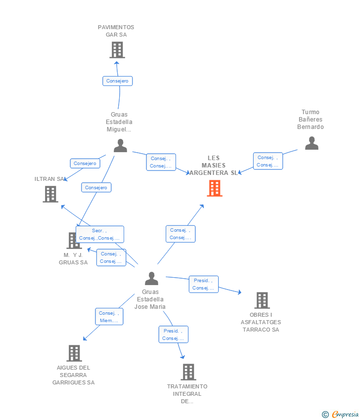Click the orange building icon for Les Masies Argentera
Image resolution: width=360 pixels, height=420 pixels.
(215, 188)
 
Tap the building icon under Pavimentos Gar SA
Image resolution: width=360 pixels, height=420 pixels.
(117, 50)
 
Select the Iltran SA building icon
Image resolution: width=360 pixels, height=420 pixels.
(50, 194)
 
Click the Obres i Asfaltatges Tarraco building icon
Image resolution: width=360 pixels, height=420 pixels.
(262, 300)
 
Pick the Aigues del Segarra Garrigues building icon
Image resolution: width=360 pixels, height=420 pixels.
(74, 353)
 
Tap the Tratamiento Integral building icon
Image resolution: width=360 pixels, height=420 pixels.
(188, 372)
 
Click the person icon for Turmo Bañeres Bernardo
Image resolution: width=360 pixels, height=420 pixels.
(312, 143)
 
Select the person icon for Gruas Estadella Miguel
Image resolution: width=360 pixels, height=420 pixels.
(120, 145)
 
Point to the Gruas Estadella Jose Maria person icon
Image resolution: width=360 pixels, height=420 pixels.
(151, 278)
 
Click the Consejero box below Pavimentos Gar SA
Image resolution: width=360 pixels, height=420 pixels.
(117, 81)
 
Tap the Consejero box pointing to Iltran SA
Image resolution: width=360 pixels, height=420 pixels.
(85, 164)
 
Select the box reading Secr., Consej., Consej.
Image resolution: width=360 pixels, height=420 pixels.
(100, 234)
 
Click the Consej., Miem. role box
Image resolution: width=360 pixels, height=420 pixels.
(109, 317)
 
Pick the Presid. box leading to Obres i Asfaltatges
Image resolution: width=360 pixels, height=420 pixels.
(203, 284)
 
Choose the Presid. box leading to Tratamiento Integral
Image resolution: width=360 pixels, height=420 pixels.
(174, 335)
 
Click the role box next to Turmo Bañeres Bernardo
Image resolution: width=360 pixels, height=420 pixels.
(268, 161)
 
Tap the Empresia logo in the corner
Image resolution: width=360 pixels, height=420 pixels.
(340, 415)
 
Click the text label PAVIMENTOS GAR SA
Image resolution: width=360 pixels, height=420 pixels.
(116, 31)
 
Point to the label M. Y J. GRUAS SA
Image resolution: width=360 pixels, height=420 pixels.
(73, 259)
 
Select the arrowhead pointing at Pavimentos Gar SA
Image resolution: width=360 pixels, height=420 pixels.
(117, 63)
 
